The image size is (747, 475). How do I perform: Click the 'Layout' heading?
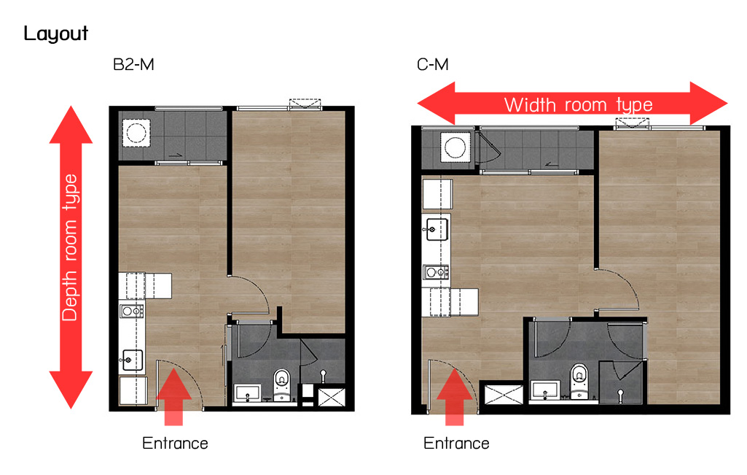(x=55, y=34)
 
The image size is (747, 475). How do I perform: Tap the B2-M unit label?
(x=133, y=64)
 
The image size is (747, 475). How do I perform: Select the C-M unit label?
(x=433, y=64)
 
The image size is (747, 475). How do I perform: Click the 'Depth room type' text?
(x=70, y=247)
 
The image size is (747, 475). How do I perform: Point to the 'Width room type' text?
(x=579, y=105)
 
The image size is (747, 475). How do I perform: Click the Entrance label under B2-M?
(x=176, y=444)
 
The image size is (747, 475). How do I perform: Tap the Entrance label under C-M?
(x=456, y=444)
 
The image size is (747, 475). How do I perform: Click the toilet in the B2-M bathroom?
(x=282, y=385)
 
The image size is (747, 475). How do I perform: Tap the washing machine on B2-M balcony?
(x=136, y=133)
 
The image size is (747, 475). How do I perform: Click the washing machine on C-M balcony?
(x=455, y=147)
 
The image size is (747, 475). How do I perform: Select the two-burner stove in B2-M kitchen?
(x=132, y=312)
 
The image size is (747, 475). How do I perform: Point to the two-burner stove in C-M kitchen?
(x=436, y=272)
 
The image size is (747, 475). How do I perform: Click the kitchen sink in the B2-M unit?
(x=131, y=360)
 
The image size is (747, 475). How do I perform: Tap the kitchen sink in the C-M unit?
(x=435, y=229)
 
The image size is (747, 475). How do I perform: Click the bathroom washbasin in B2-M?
(x=247, y=393)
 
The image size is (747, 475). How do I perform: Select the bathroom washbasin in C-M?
(x=545, y=390)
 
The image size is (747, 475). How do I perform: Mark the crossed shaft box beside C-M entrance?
(x=503, y=395)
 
